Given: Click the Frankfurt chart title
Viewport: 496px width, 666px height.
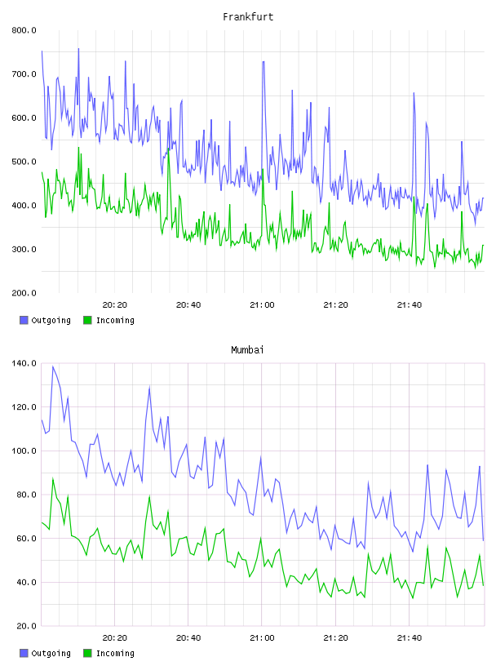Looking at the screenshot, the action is (x=248, y=17).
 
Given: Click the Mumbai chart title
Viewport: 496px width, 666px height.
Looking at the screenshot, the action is (x=247, y=350).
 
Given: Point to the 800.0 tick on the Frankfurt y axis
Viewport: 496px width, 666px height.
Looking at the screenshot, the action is (x=24, y=30).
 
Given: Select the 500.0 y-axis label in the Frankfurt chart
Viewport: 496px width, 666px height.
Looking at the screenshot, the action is (x=24, y=162).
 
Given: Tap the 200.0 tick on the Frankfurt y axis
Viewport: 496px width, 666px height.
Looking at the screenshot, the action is (x=24, y=293).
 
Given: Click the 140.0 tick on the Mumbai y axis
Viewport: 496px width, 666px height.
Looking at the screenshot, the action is (x=24, y=363).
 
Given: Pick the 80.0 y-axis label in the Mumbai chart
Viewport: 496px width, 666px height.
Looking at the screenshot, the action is (x=26, y=495).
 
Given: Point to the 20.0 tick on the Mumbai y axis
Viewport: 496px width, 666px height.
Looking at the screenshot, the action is (x=26, y=626).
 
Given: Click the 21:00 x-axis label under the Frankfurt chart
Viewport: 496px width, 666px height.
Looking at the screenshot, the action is (x=262, y=304).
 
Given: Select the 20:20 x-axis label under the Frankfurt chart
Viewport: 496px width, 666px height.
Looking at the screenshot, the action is (x=115, y=304).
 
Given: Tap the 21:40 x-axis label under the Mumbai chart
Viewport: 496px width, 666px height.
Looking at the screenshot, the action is (x=410, y=637).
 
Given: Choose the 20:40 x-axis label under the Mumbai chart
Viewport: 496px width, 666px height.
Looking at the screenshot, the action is (x=188, y=637).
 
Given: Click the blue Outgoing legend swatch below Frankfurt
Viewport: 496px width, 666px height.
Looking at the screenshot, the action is (x=24, y=320).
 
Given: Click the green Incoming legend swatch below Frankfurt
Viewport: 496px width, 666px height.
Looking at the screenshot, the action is (x=87, y=320).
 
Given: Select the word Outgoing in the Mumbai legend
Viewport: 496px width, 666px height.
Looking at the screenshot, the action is (x=51, y=653).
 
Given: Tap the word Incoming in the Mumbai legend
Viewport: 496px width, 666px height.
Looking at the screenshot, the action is (x=115, y=653).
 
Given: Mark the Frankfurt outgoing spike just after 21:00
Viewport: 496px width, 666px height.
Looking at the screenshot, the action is (x=263, y=61).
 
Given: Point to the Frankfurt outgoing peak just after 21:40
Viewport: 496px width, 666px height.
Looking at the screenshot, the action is (x=414, y=93).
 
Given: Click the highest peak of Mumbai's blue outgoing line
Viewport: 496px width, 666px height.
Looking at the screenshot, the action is (x=53, y=366).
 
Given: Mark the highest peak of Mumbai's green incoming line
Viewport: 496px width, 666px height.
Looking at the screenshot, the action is (x=53, y=477).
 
